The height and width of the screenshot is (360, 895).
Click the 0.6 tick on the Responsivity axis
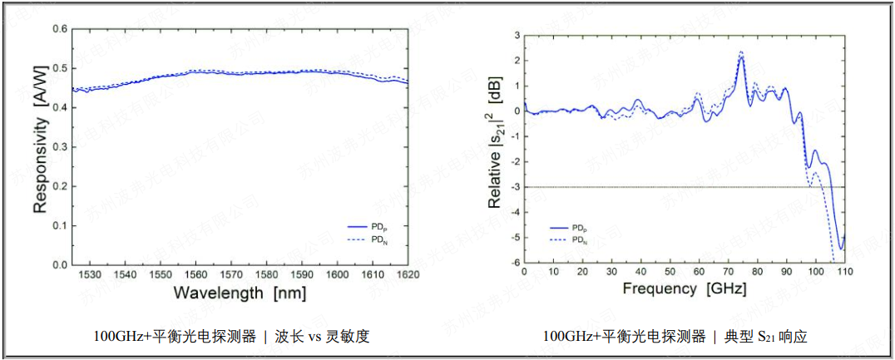coord(60,29)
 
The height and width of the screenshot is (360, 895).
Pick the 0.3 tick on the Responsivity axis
coord(60,147)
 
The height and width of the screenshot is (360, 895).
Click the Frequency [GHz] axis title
coord(684,289)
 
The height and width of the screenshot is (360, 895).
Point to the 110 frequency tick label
coord(844,272)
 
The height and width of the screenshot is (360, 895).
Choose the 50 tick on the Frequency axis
coord(670,272)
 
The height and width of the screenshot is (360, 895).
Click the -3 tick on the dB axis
coord(515,187)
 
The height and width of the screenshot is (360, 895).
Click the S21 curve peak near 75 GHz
coord(741,53)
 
